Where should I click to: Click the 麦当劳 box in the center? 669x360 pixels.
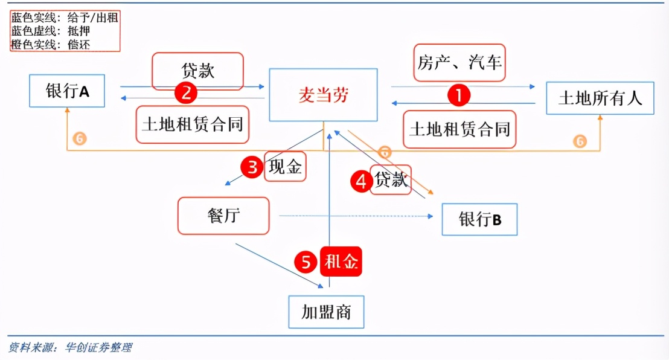pos(323,95)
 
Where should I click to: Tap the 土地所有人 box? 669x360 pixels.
pos(600,97)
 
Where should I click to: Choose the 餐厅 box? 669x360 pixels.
pos(223,216)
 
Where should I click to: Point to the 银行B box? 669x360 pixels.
pos(479,219)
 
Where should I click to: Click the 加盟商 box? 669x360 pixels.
pos(326,312)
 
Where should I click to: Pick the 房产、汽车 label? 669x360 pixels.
pos(459,62)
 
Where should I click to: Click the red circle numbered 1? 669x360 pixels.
pos(458,95)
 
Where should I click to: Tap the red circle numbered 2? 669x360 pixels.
pos(186,92)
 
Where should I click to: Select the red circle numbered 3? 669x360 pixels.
pos(252,167)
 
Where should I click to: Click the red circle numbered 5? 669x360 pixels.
pos(306,262)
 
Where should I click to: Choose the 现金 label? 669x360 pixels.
pos(286,167)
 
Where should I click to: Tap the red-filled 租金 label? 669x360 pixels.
pos(341,262)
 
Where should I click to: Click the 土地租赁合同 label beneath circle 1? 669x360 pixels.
pos(459,129)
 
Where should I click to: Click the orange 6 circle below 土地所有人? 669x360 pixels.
pos(580,141)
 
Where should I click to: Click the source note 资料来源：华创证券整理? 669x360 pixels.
pos(70,347)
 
